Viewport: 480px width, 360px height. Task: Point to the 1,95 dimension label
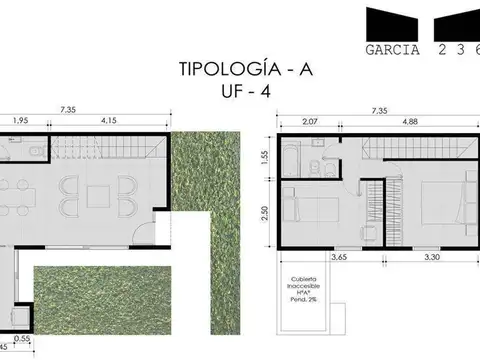tap(21, 121)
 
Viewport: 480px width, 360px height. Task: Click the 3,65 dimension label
tap(338, 257)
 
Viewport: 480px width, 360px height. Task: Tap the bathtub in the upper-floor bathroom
tap(292, 157)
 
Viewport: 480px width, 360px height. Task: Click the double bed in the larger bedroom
tap(441, 204)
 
